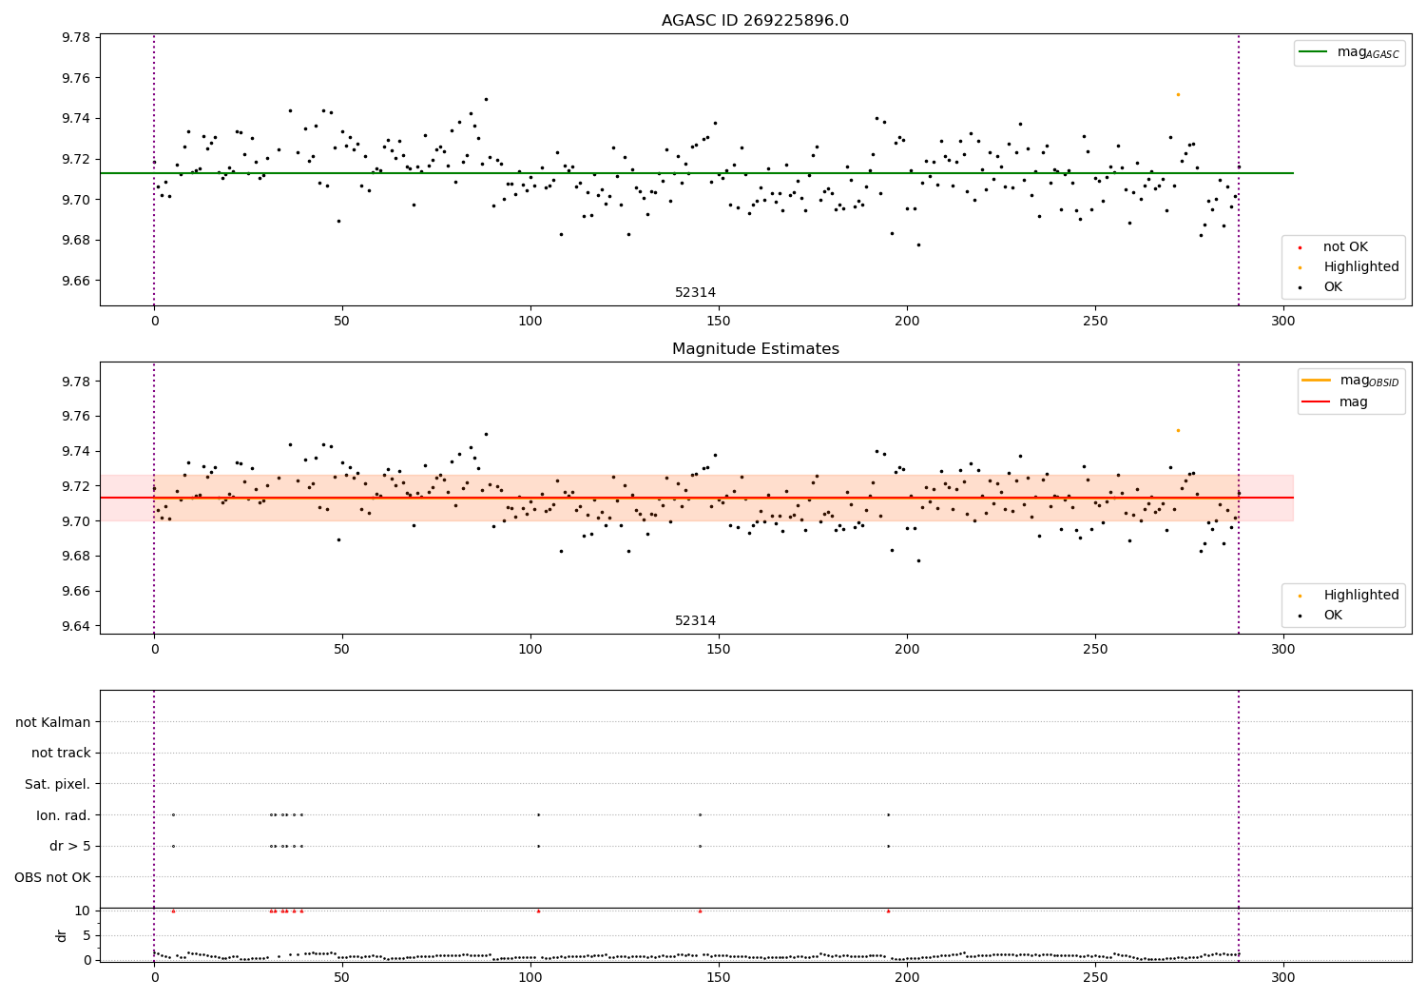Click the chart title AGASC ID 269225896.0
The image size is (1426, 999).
pyautogui.click(x=755, y=21)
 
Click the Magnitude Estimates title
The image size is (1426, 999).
pyautogui.click(x=755, y=349)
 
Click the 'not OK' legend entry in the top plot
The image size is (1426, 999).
pyautogui.click(x=1345, y=247)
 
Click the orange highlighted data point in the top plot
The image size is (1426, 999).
pyautogui.click(x=1178, y=94)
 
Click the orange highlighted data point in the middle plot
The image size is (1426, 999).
pyautogui.click(x=1178, y=430)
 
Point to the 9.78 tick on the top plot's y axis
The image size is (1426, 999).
pyautogui.click(x=76, y=38)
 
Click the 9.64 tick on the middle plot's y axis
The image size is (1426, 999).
pyautogui.click(x=76, y=626)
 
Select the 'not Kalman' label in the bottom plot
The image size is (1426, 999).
pyautogui.click(x=53, y=722)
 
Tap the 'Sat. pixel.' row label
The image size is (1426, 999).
pyautogui.click(x=58, y=784)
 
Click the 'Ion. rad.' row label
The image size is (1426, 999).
pyautogui.click(x=64, y=815)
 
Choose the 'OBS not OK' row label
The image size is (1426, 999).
pyautogui.click(x=53, y=877)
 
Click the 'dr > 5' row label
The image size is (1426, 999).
pyautogui.click(x=70, y=846)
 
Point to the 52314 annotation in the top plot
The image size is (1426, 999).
pyautogui.click(x=695, y=293)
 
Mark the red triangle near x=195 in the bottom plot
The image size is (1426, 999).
pyautogui.click(x=888, y=911)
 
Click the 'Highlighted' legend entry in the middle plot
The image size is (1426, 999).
pyautogui.click(x=1360, y=596)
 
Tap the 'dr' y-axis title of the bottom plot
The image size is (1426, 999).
pyautogui.click(x=62, y=935)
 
